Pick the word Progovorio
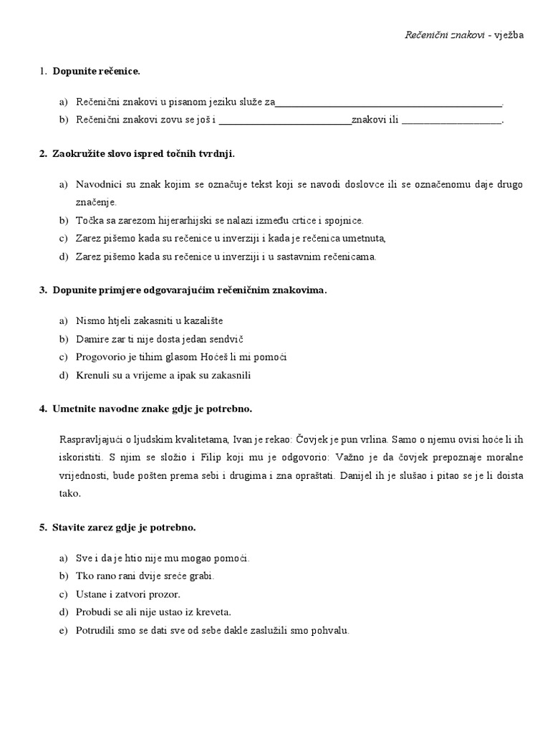coord(101,356)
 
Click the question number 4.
coord(42,409)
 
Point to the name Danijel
coord(363,475)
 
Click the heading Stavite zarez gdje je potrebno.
coord(123,528)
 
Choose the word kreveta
coord(213,613)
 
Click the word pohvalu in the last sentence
coord(329,631)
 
